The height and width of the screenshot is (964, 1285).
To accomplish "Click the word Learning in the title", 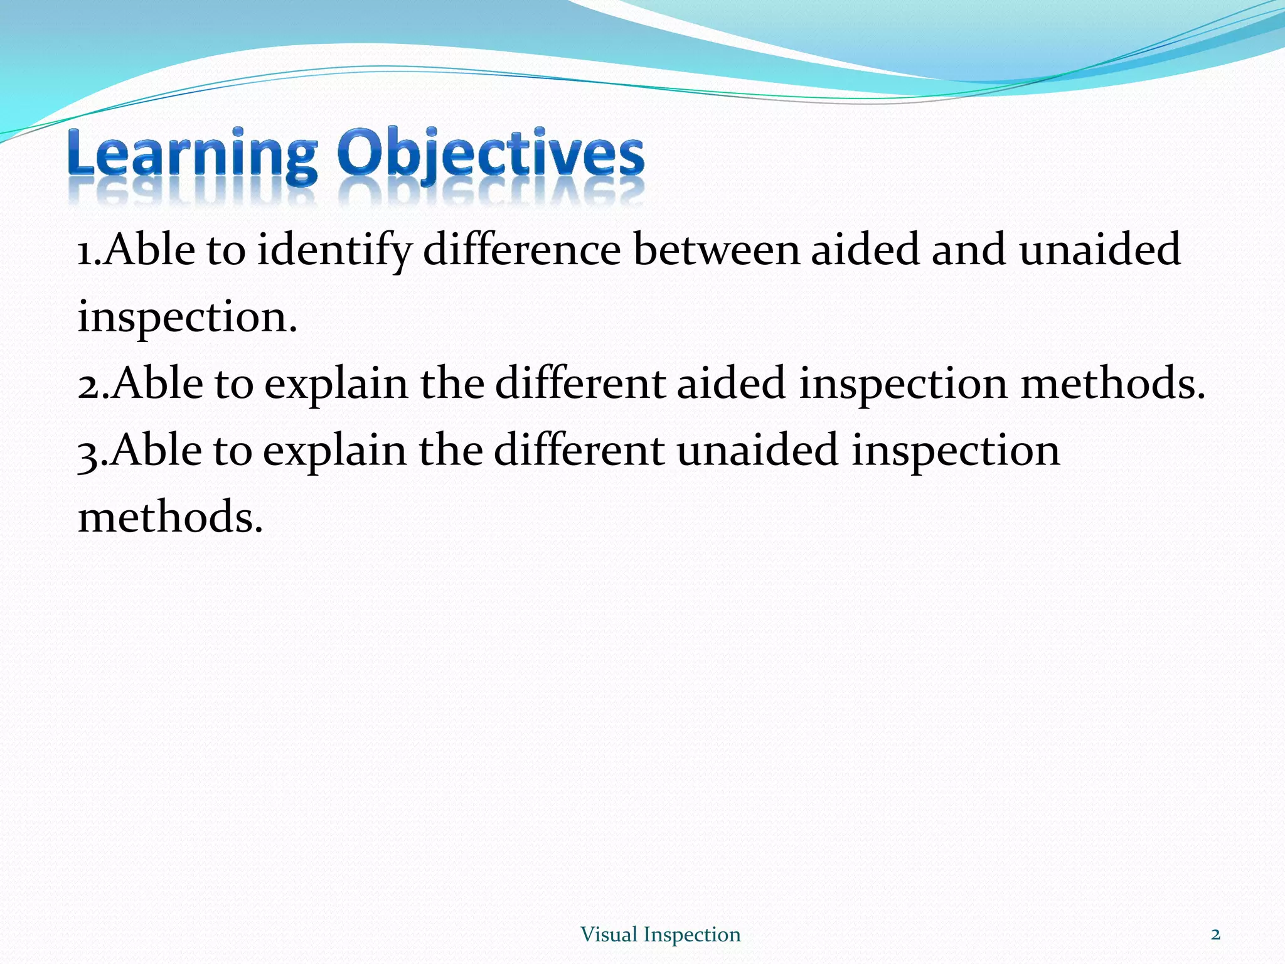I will coord(192,154).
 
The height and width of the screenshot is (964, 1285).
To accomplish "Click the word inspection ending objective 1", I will coord(186,318).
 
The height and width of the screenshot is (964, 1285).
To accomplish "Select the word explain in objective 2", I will coord(336,385).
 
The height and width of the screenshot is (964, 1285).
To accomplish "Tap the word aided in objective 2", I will coord(731,383).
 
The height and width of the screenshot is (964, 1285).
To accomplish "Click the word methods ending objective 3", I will coord(169,518).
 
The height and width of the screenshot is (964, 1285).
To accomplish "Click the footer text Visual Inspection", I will coord(660,935).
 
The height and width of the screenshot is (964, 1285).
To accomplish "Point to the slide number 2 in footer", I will coord(1215,935).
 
